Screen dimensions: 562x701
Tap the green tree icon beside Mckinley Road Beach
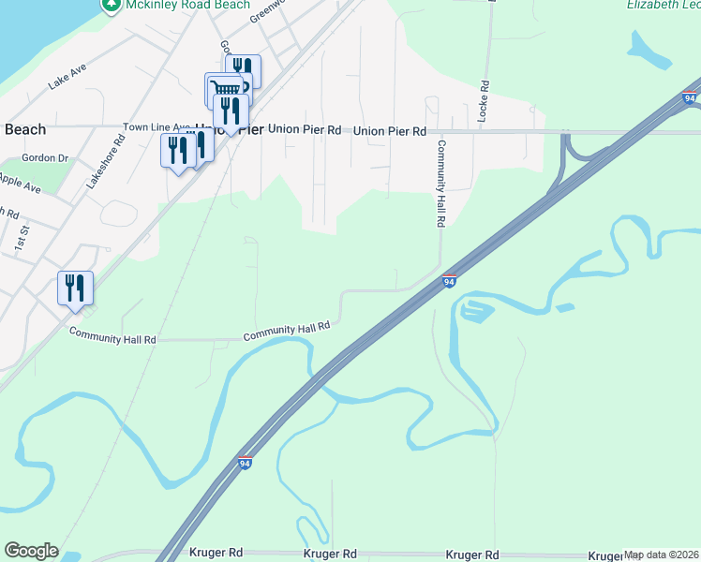coord(112,5)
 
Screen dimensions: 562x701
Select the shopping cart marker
coord(223,89)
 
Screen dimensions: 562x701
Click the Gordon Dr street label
coord(51,158)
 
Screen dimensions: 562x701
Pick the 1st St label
coord(22,236)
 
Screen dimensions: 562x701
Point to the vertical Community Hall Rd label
coord(439,184)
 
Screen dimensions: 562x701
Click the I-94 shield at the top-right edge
coord(690,97)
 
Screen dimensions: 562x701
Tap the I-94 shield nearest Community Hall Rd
coord(450,281)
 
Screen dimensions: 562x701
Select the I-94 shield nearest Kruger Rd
coord(245,463)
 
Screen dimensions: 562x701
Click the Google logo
coord(31,551)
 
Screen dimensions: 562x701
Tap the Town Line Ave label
coord(157,127)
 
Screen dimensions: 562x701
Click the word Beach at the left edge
coord(25,129)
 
